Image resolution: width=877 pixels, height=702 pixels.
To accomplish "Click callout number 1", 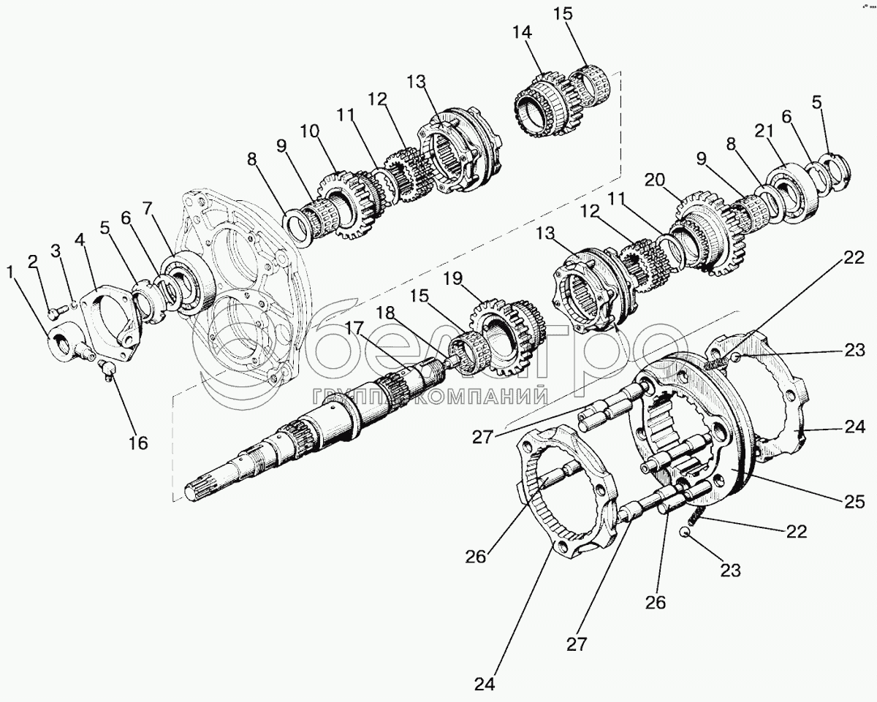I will coord(10,273).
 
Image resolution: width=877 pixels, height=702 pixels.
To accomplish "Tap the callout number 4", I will coord(80,240).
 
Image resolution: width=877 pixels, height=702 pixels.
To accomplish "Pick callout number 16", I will coord(137,442).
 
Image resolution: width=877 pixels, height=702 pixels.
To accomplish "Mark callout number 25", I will coord(854,502).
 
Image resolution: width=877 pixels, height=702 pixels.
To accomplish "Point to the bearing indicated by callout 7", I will coord(190,285).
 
